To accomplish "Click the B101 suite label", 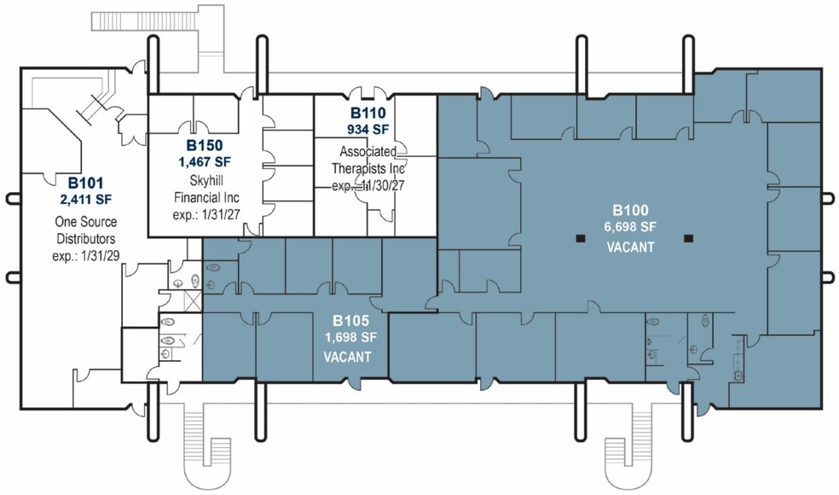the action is [x=85, y=183].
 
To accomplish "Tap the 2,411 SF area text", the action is [x=86, y=200].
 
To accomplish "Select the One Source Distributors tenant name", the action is [x=86, y=230].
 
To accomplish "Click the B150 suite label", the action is [x=205, y=145].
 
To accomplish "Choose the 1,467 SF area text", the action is [x=205, y=162].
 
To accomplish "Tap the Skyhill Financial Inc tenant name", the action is [x=206, y=189].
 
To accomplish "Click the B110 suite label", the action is [x=368, y=113].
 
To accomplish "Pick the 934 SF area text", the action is [x=368, y=129].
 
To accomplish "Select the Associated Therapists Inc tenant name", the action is [x=368, y=160].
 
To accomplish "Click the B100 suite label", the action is [x=630, y=210].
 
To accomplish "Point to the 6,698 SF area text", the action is [x=630, y=227].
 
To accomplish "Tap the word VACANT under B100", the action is [x=630, y=247].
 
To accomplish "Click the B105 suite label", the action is [x=351, y=320].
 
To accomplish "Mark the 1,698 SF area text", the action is [x=351, y=337].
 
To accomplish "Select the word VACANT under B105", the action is [x=347, y=357].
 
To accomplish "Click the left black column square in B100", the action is [x=581, y=238].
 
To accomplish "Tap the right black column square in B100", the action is [x=689, y=238].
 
